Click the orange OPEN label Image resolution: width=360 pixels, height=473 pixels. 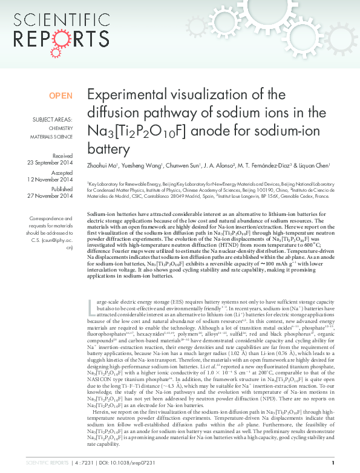(x=61, y=96)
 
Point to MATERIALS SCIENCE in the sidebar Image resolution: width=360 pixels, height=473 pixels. (x=51, y=137)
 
